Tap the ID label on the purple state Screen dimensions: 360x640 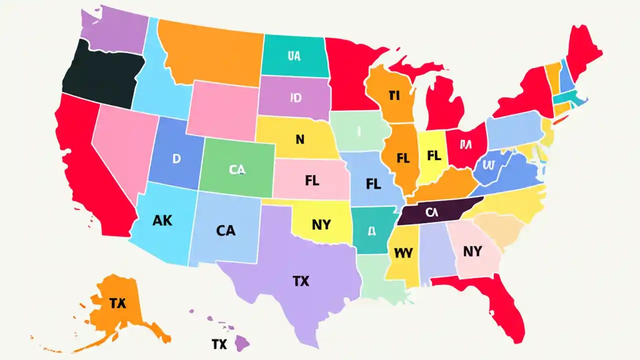[296, 97]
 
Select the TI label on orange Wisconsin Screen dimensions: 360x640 [394, 95]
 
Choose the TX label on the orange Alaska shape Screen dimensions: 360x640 [117, 303]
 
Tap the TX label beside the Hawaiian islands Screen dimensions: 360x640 [219, 344]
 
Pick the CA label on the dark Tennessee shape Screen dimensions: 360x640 [431, 212]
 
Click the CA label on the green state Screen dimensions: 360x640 [237, 170]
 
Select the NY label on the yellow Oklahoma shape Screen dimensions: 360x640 [321, 225]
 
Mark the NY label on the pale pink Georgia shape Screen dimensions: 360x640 [472, 251]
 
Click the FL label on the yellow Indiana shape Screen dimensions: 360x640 [434, 155]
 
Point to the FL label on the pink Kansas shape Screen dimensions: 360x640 [311, 180]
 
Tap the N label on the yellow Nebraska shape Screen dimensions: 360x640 [300, 139]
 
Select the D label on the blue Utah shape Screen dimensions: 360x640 [176, 159]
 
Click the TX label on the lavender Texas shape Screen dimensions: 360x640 [300, 281]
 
